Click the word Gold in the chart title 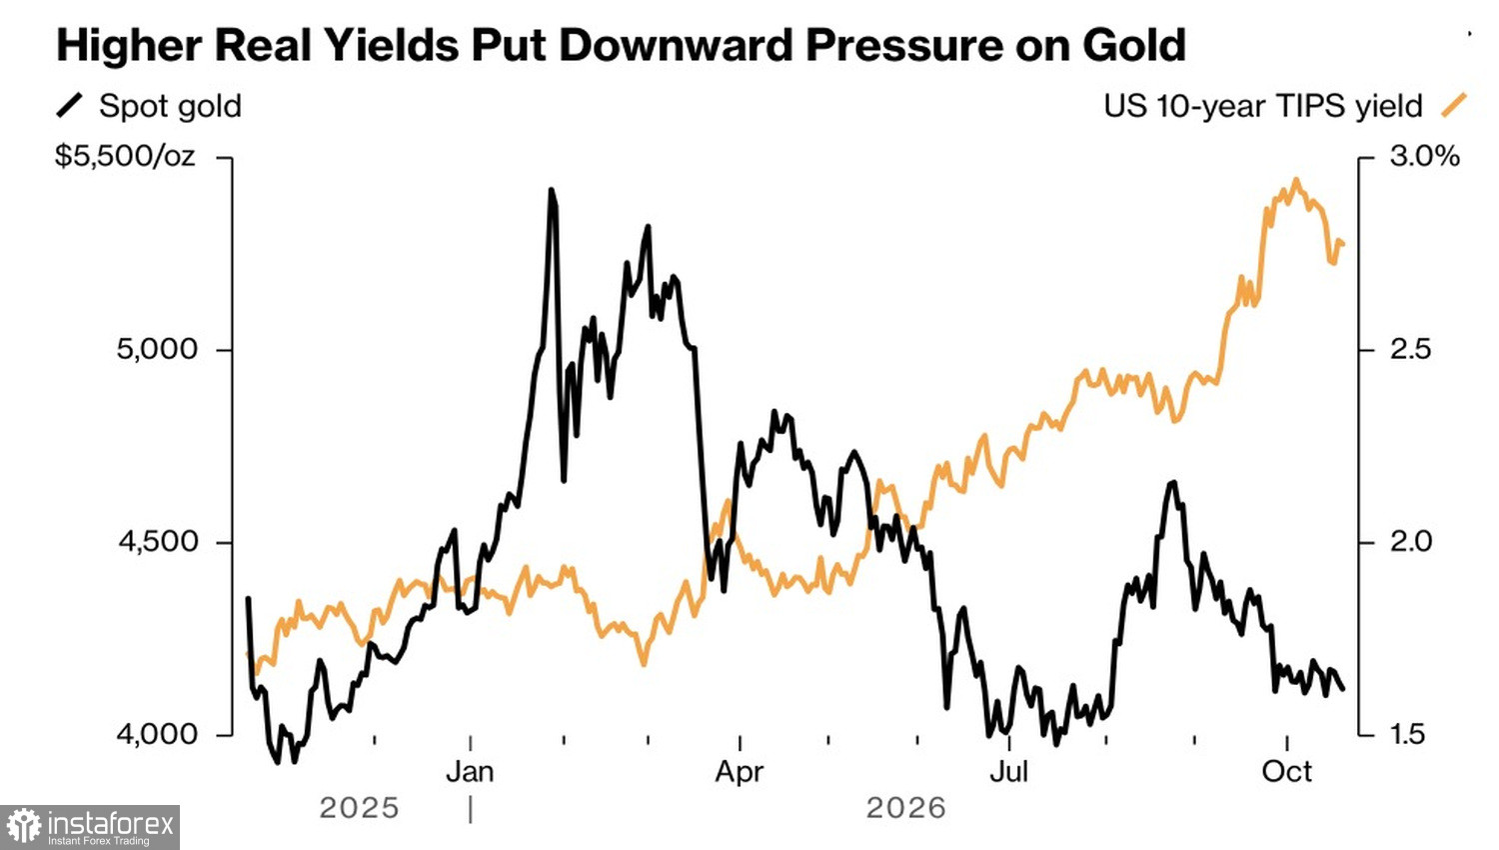click(x=1134, y=45)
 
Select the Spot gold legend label click(x=170, y=107)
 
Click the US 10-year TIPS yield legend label click(x=1263, y=106)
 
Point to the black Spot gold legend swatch click(x=69, y=106)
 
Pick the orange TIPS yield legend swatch click(x=1453, y=106)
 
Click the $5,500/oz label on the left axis click(x=125, y=157)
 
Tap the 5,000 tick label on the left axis click(x=157, y=349)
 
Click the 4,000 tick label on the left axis click(x=157, y=734)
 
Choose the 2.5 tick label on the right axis click(x=1410, y=349)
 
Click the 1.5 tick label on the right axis click(x=1409, y=734)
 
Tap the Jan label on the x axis click(x=470, y=772)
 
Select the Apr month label click(x=739, y=773)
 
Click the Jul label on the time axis click(x=1008, y=772)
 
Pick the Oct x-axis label click(x=1286, y=772)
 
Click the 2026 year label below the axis click(x=906, y=808)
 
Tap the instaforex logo click(x=90, y=827)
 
